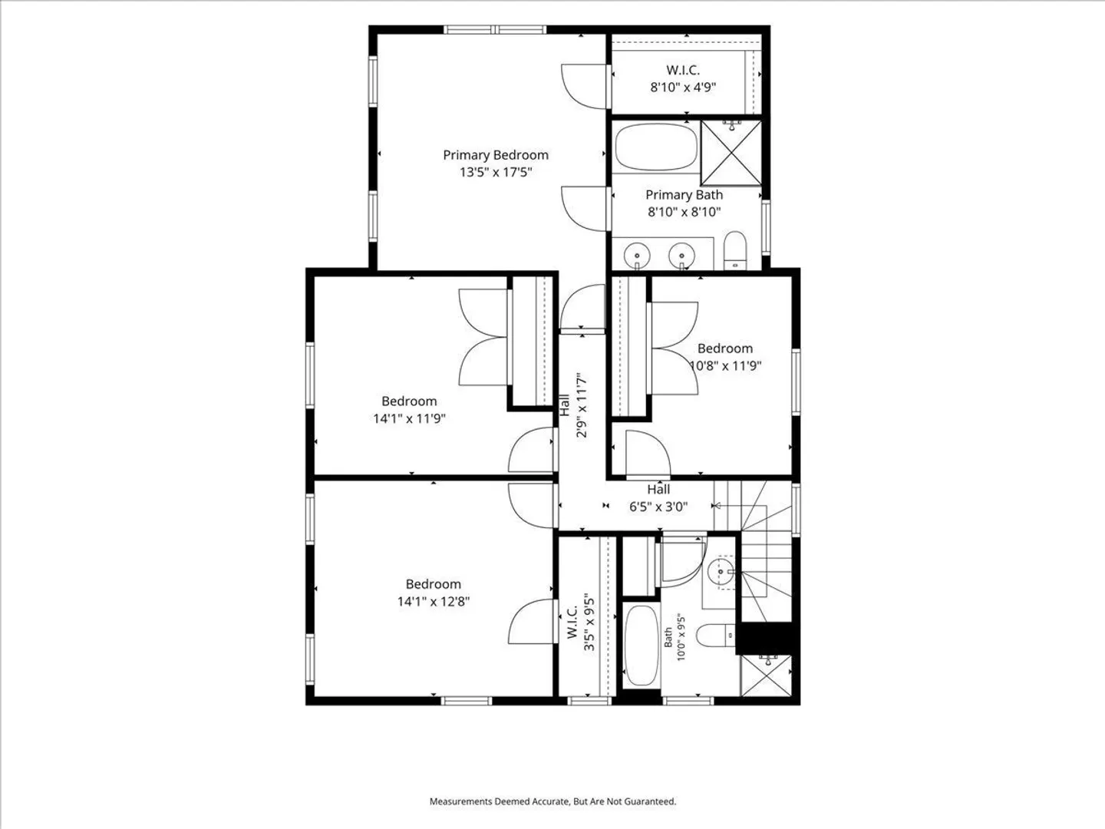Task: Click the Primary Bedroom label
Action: click(496, 155)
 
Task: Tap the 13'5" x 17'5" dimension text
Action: click(496, 172)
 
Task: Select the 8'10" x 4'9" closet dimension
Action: click(683, 87)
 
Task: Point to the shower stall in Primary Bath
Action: click(731, 153)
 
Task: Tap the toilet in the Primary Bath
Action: click(735, 251)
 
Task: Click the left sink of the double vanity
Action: click(637, 255)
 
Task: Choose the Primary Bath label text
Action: click(684, 195)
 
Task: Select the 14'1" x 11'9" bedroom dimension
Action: click(409, 418)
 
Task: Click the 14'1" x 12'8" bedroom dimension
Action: click(434, 602)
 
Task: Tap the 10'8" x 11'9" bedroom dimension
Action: click(725, 365)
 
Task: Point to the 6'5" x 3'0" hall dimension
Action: click(658, 507)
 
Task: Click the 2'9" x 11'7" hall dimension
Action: click(582, 405)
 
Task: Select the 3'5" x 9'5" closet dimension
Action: click(589, 624)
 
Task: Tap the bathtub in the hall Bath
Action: click(642, 646)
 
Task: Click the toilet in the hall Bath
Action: click(716, 636)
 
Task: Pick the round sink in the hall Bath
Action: click(721, 573)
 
